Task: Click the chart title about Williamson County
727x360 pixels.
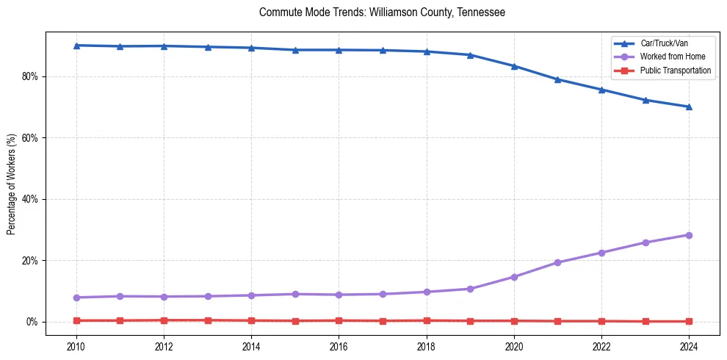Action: coord(382,12)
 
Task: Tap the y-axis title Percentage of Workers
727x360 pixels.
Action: coord(11,184)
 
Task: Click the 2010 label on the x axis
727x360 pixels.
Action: coord(76,346)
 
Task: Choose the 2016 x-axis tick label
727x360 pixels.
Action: coord(339,346)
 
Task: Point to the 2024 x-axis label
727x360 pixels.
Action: coord(689,346)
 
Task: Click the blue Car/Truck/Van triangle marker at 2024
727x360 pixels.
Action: coord(689,107)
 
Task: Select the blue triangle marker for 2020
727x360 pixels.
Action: coord(514,66)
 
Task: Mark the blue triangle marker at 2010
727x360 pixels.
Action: coord(76,46)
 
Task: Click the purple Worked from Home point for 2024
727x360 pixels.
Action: coord(689,235)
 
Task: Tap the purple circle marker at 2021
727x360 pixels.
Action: coord(557,262)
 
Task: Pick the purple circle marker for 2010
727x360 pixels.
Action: coord(76,298)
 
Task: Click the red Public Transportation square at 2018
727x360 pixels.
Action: coord(427,320)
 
